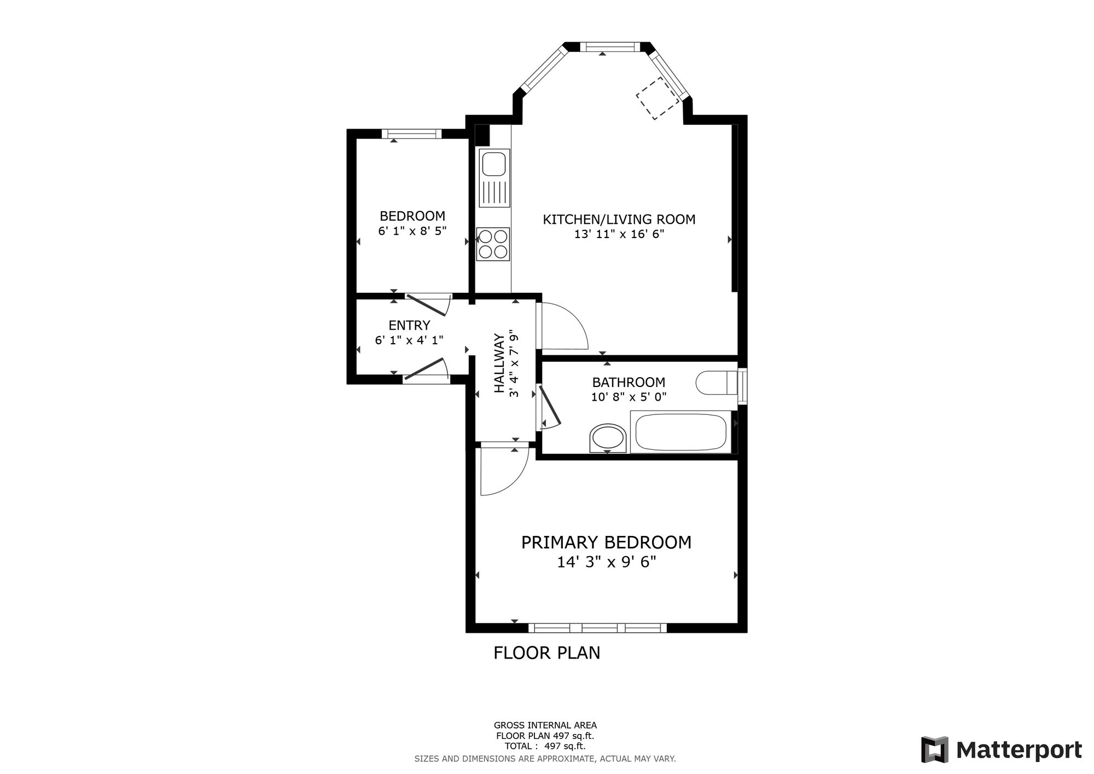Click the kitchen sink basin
click(493, 163)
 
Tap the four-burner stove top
click(493, 244)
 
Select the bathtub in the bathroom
click(681, 432)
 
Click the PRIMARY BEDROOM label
click(606, 542)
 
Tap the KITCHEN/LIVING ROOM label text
click(619, 220)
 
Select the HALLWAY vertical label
click(499, 363)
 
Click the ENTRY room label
click(409, 326)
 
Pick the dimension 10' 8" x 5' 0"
click(629, 397)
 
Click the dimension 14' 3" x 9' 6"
click(606, 562)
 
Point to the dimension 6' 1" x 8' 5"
click(412, 230)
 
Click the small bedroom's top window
click(411, 134)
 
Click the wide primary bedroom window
click(597, 628)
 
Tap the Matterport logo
click(1001, 749)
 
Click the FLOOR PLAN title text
click(546, 653)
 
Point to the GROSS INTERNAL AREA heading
click(545, 725)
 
